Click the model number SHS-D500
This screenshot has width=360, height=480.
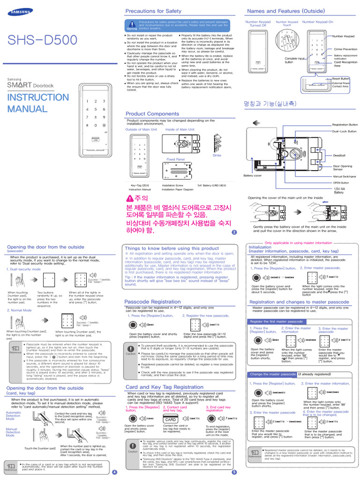point(40,41)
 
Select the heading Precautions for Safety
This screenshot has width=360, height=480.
point(153,11)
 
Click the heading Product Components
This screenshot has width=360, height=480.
point(152,114)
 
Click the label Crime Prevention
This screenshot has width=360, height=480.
point(345,49)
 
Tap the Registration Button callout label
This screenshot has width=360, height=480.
point(345,125)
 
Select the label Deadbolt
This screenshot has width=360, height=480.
point(339,155)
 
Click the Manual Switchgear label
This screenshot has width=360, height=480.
point(345,176)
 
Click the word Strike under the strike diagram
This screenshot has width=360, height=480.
point(217,155)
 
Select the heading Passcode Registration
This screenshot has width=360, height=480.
point(152,301)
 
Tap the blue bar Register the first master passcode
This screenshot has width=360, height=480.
point(277,322)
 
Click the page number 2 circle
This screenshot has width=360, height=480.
point(234,232)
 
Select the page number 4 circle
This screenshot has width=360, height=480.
point(114,472)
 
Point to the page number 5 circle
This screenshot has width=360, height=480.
point(234,472)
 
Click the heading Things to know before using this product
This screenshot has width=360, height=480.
point(172,248)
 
